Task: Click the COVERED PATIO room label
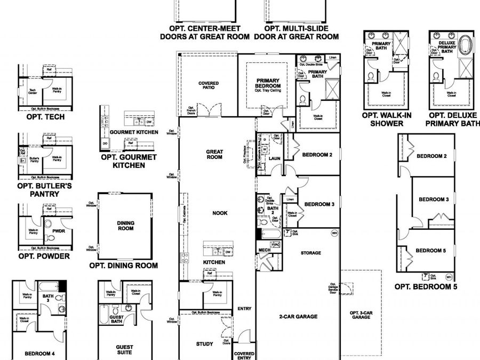coord(209,86)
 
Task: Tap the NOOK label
coord(220,213)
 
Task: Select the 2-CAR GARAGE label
coord(298,316)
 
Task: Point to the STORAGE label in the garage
coord(310,253)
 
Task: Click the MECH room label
coord(264,250)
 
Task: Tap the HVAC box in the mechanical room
coord(276,244)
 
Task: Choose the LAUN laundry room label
coord(275,158)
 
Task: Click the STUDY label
coord(204,344)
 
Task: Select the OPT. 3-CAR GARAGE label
coord(361,315)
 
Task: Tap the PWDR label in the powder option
coord(59,231)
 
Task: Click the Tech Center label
coord(33,91)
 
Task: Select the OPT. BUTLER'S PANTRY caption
coord(45,190)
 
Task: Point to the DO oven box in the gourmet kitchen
coord(105,143)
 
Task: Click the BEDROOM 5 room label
coord(430,251)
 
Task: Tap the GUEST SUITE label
coord(125,349)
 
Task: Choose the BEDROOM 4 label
coord(39,354)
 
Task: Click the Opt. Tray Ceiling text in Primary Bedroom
coord(267,91)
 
